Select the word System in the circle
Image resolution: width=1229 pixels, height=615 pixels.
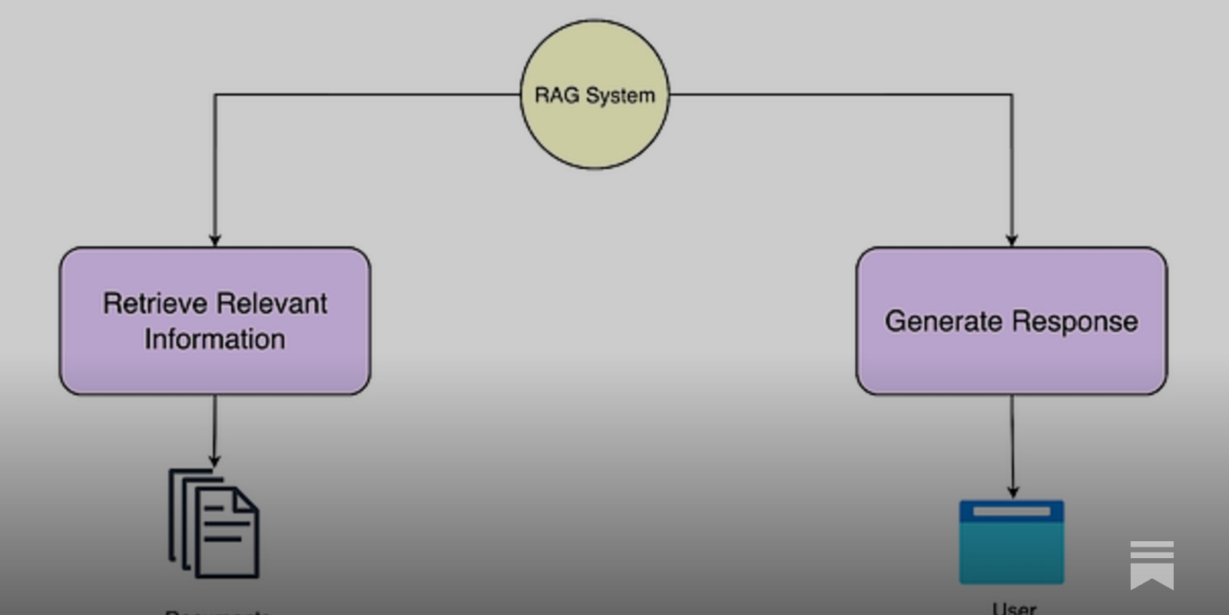[x=620, y=96]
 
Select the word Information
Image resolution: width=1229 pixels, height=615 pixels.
[x=215, y=339]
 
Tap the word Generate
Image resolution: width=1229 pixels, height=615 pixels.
[x=944, y=321]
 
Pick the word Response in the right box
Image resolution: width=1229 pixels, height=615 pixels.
[x=1079, y=322]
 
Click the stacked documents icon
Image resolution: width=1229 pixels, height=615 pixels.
[x=214, y=524]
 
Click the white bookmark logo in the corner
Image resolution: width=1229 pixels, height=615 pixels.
[x=1151, y=564]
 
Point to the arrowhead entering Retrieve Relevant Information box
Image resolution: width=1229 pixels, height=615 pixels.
[x=215, y=241]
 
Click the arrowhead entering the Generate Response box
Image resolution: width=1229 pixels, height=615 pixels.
[x=1012, y=241]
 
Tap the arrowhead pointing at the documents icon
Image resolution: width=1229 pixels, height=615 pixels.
[x=214, y=461]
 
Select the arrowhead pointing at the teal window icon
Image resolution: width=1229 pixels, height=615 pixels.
[x=1012, y=492]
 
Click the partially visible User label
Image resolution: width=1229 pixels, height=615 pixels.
[x=1014, y=609]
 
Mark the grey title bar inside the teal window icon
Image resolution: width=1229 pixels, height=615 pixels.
[x=1012, y=511]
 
